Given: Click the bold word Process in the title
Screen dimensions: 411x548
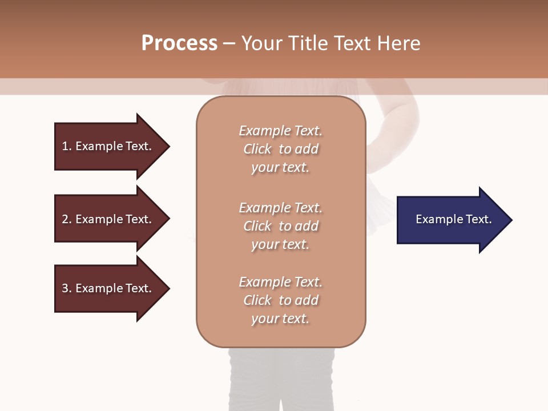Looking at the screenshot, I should [179, 43].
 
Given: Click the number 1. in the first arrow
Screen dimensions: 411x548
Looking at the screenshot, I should [67, 146].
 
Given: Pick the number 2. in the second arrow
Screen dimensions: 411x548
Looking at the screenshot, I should [67, 219].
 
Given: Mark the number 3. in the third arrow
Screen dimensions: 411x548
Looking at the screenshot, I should [67, 288].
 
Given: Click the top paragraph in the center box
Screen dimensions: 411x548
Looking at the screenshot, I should [281, 149].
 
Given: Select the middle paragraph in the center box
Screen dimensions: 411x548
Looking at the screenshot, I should [281, 226].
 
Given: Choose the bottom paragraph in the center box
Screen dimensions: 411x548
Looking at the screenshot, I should [281, 300].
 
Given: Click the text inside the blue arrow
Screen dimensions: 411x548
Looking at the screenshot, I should [454, 219].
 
